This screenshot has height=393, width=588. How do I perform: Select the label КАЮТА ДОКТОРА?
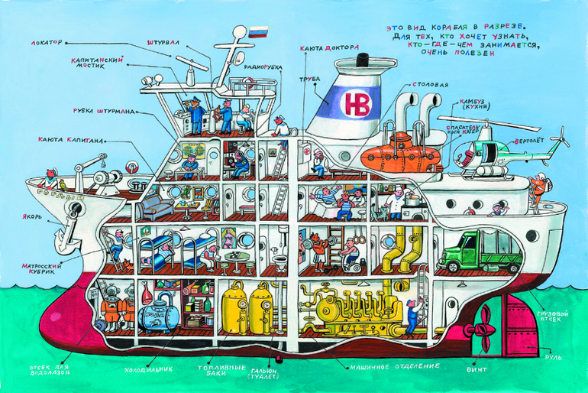[x=329, y=47]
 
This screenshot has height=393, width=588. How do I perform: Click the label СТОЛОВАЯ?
[x=430, y=83]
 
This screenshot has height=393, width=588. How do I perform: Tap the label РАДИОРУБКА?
[x=264, y=68]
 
